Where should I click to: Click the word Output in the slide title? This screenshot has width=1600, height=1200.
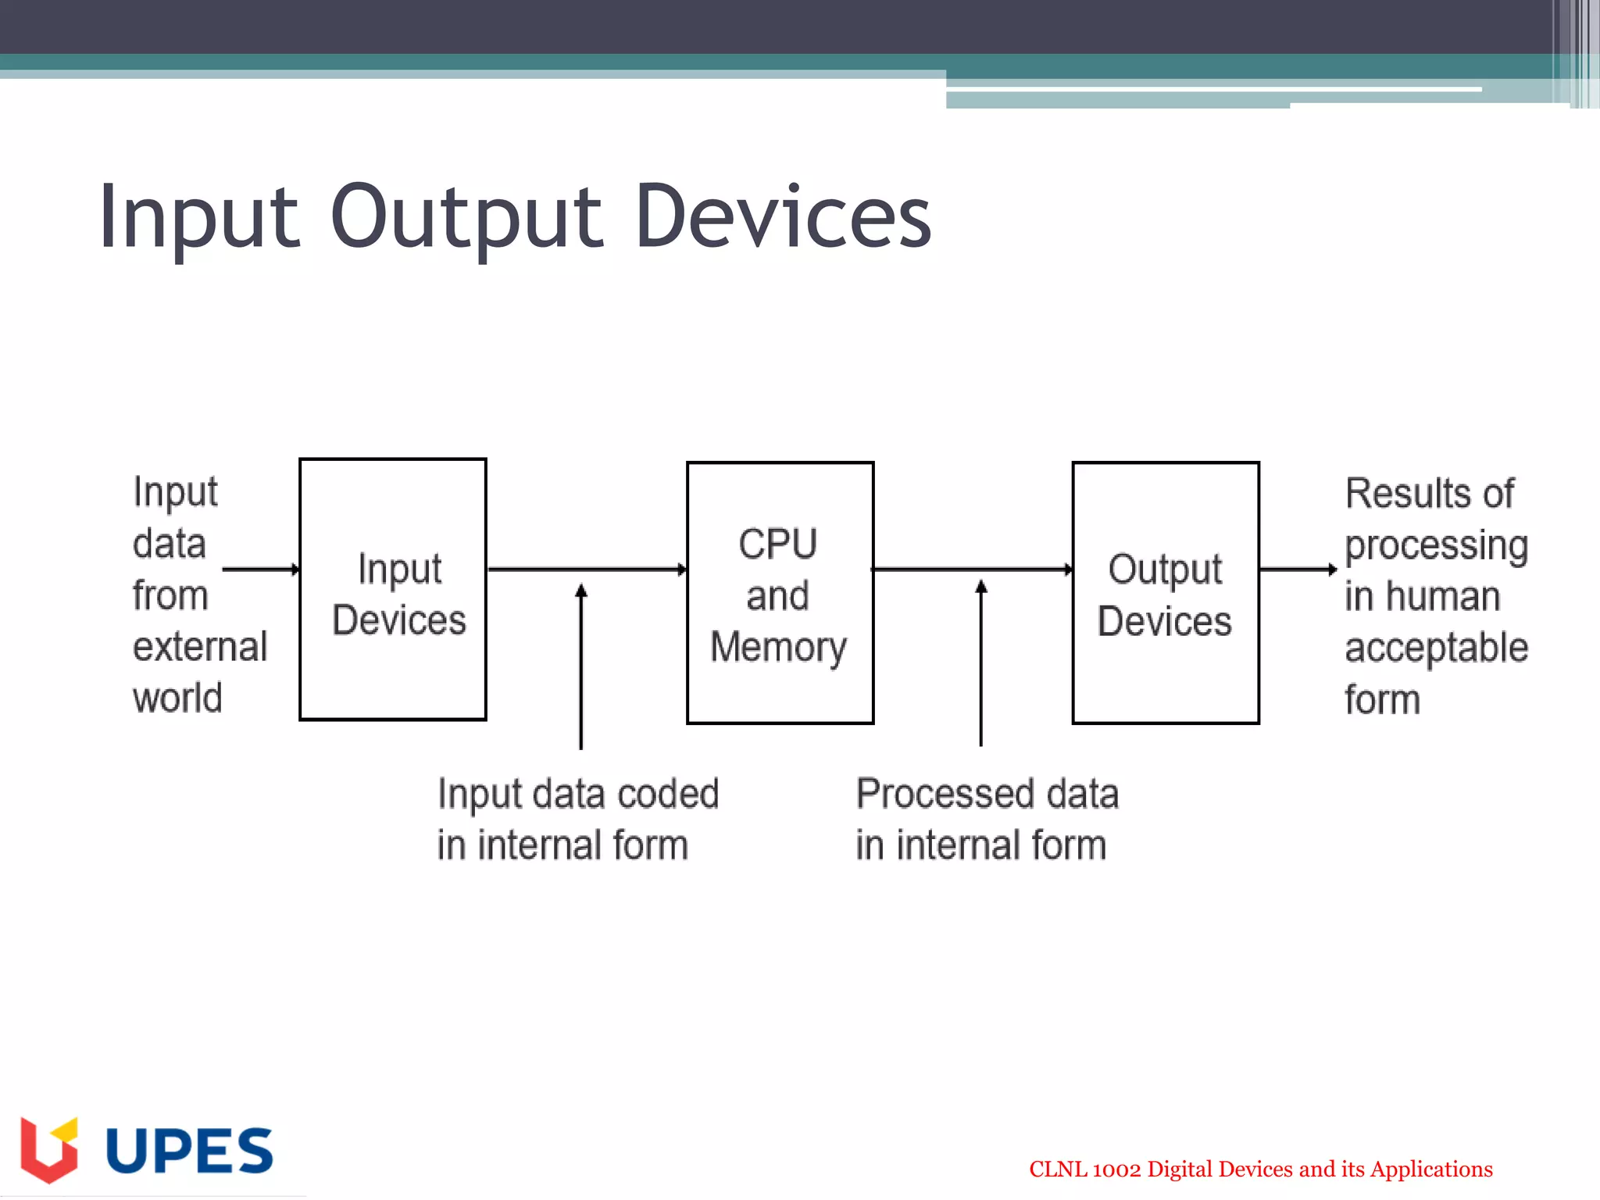[x=466, y=216]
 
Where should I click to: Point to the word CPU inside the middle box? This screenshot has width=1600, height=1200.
[x=778, y=544]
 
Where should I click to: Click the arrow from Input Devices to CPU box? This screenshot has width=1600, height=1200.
[x=586, y=569]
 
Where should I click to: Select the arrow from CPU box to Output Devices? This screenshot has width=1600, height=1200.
[x=972, y=569]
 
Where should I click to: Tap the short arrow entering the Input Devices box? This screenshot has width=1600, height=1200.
[x=260, y=569]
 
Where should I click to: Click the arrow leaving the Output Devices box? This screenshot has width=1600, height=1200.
[x=1297, y=569]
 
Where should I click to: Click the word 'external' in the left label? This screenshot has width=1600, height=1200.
[x=200, y=647]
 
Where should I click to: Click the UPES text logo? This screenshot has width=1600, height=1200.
[x=189, y=1151]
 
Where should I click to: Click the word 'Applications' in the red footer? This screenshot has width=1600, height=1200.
[x=1431, y=1170]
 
